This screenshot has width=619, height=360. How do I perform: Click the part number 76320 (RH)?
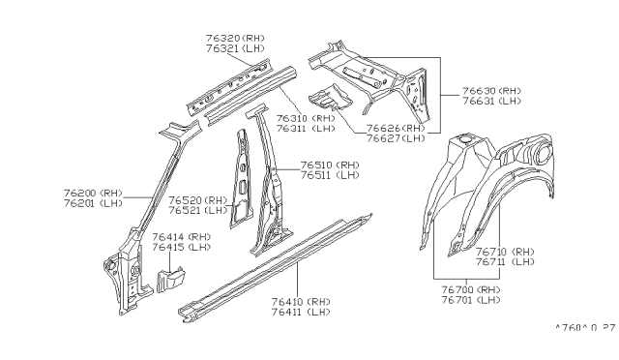(234, 38)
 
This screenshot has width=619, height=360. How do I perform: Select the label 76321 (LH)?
(234, 48)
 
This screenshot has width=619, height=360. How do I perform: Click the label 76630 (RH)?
(489, 89)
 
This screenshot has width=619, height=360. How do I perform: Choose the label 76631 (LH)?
(489, 100)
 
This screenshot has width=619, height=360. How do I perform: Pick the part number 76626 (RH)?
(396, 127)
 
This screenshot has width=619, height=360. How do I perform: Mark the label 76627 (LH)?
(396, 137)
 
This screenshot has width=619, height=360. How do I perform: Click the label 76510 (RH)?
(329, 165)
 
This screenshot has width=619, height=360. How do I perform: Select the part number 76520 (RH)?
(197, 199)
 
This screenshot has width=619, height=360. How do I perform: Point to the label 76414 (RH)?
(181, 237)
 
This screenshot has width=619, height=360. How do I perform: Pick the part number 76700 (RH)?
(470, 289)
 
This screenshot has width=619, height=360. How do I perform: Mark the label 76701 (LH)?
(470, 300)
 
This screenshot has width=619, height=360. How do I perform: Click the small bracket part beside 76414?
(168, 280)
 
